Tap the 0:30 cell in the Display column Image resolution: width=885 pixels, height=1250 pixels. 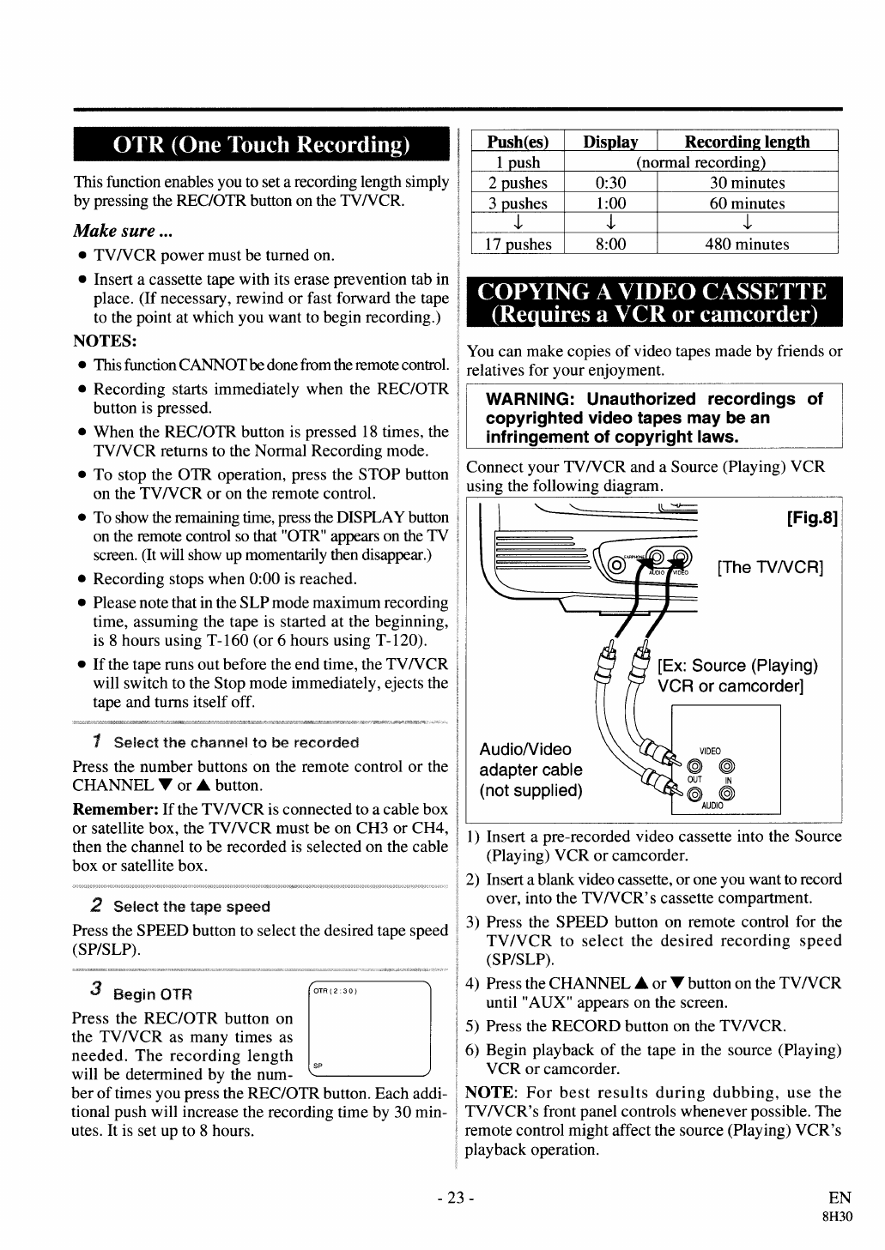pyautogui.click(x=610, y=183)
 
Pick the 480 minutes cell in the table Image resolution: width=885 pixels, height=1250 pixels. pyautogui.click(x=747, y=245)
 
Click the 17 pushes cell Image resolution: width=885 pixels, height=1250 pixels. pyautogui.click(x=518, y=245)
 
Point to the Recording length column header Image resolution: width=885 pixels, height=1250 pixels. pyautogui.click(x=747, y=142)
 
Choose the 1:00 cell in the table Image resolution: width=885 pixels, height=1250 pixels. pyautogui.click(x=610, y=203)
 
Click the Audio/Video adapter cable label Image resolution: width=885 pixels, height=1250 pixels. pyautogui.click(x=530, y=770)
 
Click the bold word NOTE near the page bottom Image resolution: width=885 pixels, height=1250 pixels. pyautogui.click(x=488, y=1093)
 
